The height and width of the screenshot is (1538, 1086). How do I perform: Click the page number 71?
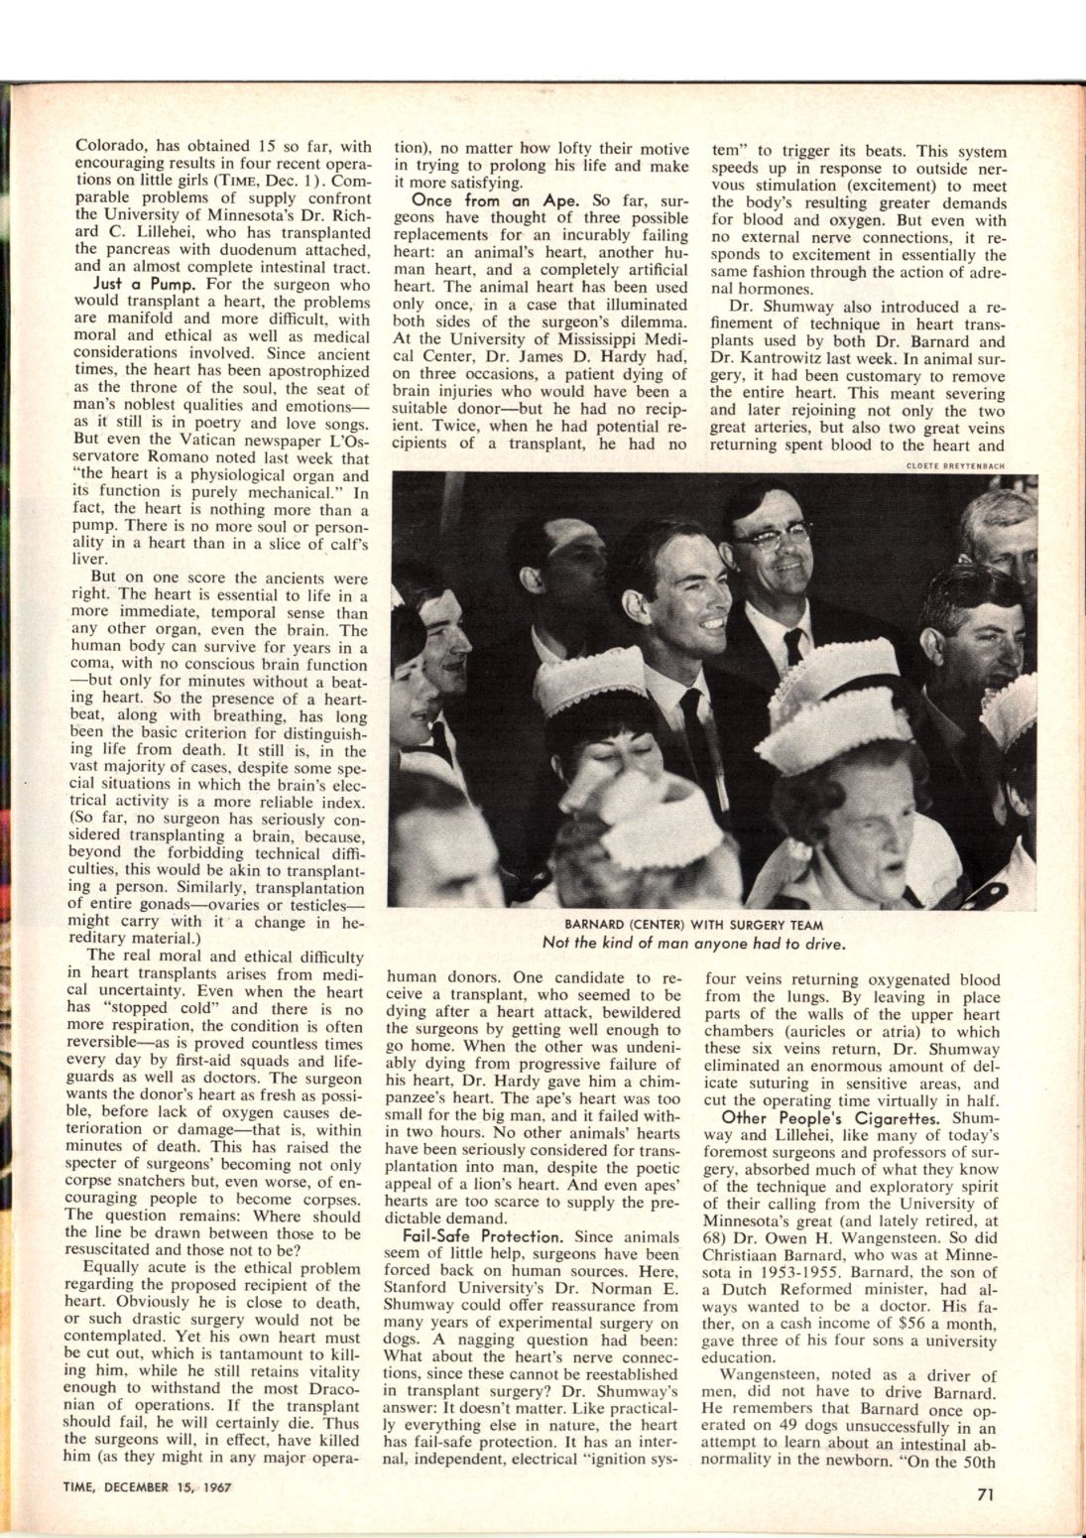[x=983, y=1497]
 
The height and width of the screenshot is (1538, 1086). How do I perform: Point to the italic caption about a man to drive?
[x=692, y=943]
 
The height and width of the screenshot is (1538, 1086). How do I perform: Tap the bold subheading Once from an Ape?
[x=478, y=199]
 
